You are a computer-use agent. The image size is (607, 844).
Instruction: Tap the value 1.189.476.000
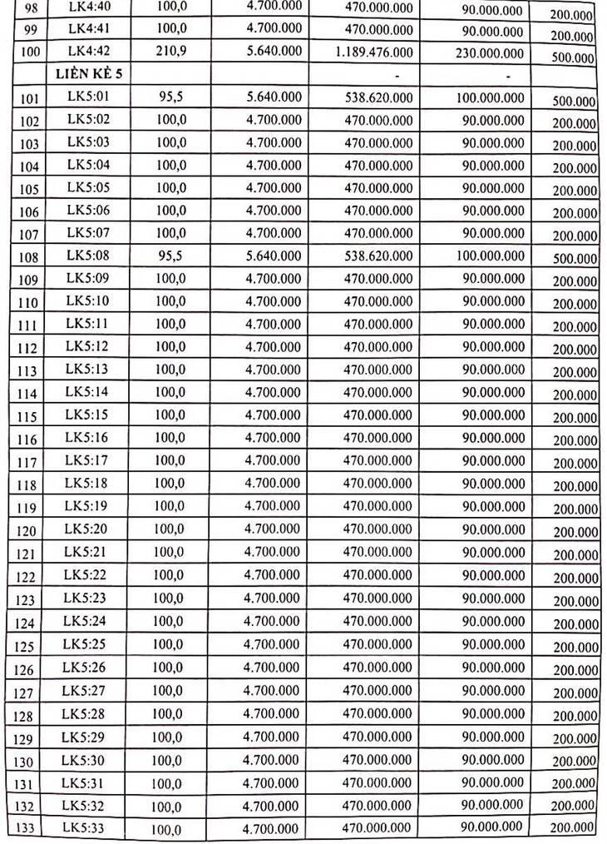(372, 52)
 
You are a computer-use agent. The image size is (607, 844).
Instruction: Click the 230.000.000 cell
(490, 52)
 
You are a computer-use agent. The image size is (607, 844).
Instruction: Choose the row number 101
(30, 99)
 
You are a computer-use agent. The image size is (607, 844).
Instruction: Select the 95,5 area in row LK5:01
(171, 97)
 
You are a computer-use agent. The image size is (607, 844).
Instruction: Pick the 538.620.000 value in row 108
(378, 256)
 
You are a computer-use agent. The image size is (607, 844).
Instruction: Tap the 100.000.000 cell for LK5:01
(490, 98)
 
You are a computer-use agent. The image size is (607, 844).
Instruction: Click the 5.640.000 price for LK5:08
(274, 256)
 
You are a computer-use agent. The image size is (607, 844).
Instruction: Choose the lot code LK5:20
(90, 528)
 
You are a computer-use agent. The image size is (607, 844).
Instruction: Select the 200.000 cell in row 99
(572, 37)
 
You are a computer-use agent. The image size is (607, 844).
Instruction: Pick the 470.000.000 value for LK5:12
(378, 346)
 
